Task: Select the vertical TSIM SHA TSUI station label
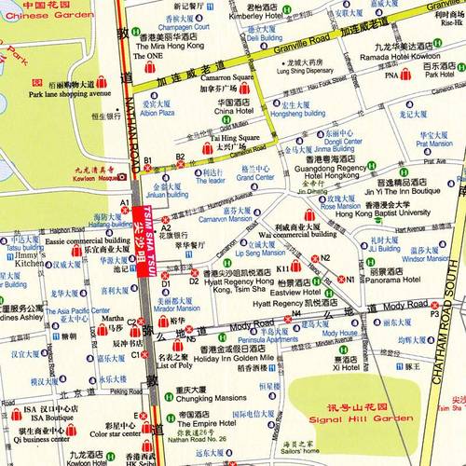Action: [140, 232]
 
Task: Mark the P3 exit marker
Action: [433, 314]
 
